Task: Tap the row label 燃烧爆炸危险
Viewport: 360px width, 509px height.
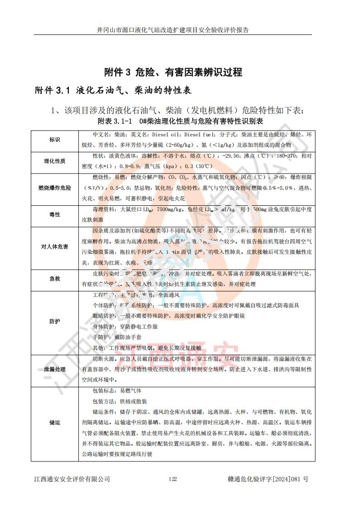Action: click(x=54, y=187)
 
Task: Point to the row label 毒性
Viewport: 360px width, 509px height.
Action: click(x=54, y=214)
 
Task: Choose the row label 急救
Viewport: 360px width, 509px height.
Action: click(x=54, y=279)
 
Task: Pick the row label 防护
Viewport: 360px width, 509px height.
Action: click(x=54, y=321)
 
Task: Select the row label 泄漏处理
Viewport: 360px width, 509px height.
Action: click(x=54, y=369)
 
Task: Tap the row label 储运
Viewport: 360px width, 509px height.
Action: click(x=54, y=422)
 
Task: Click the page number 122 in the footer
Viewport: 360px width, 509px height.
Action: click(x=172, y=479)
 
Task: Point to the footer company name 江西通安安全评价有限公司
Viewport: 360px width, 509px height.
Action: click(x=72, y=479)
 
